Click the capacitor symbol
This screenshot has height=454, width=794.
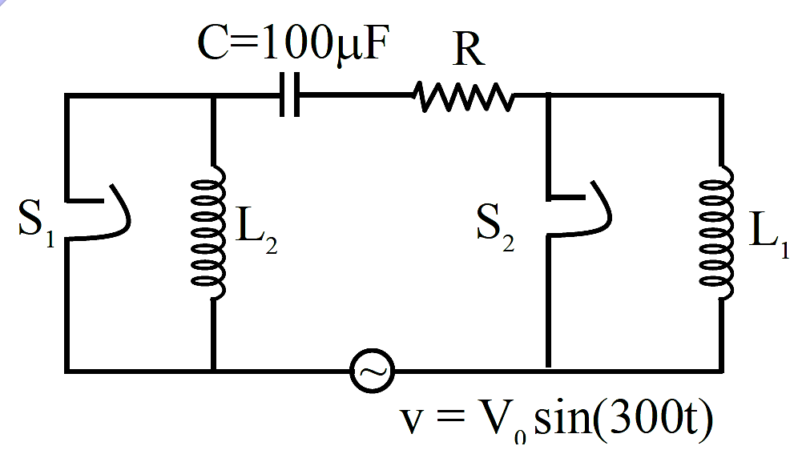[290, 94]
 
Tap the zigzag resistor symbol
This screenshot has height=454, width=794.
[463, 96]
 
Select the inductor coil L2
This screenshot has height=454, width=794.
[208, 232]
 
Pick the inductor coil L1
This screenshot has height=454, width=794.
[716, 232]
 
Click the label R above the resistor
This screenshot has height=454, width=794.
[469, 50]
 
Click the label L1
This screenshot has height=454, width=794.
[768, 234]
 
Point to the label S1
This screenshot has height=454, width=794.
[36, 223]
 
